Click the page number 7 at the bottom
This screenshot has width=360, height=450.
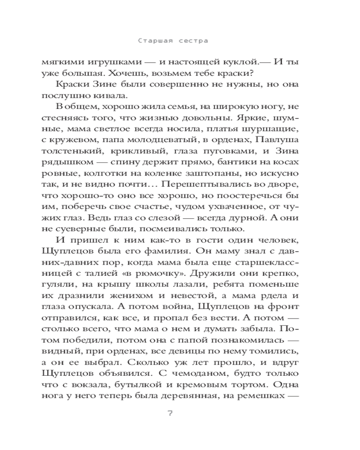point(170,414)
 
